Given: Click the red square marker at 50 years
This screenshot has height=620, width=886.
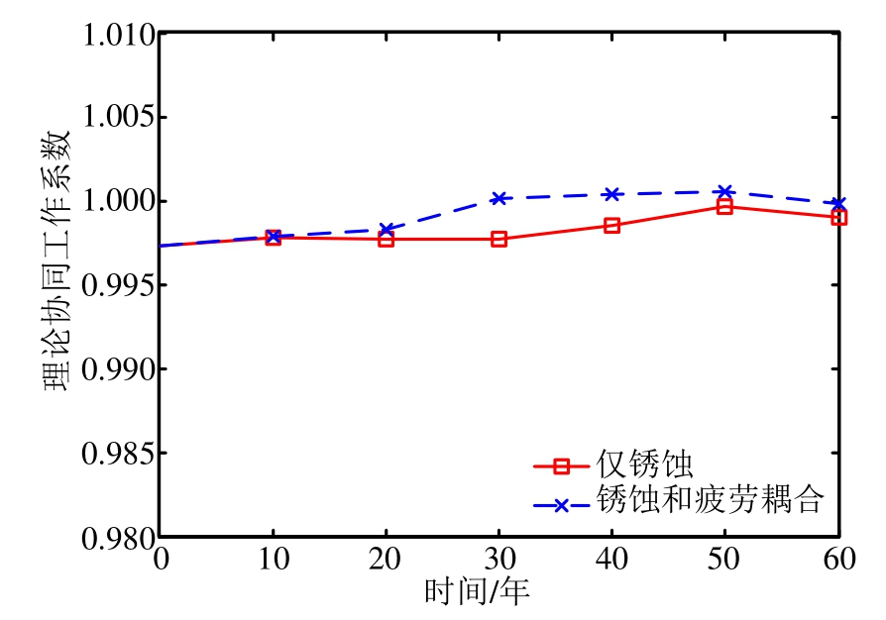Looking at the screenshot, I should (724, 206).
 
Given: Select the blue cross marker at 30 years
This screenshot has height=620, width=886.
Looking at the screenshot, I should (498, 198).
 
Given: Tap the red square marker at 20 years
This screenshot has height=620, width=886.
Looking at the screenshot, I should (386, 239).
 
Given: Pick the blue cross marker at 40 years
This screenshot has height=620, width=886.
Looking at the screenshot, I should (611, 194).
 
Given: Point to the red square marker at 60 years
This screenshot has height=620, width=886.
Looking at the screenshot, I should (838, 217).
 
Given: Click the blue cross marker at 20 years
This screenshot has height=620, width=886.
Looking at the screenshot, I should (386, 229).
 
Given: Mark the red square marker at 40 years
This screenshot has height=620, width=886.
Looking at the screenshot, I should (611, 225).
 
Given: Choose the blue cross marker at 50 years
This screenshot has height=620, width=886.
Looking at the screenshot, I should (724, 191).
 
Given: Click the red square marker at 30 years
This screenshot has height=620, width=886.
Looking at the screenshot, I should (498, 239).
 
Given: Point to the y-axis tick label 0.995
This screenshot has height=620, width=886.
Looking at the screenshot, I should (118, 286).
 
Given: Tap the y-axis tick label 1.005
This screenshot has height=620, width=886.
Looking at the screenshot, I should (118, 118).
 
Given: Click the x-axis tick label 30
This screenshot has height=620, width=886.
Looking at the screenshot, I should (498, 560).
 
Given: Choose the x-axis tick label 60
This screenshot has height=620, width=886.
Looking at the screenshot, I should (838, 560).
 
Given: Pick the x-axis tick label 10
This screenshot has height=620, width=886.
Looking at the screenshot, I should (273, 560).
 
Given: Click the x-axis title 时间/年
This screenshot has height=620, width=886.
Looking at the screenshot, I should (478, 592).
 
